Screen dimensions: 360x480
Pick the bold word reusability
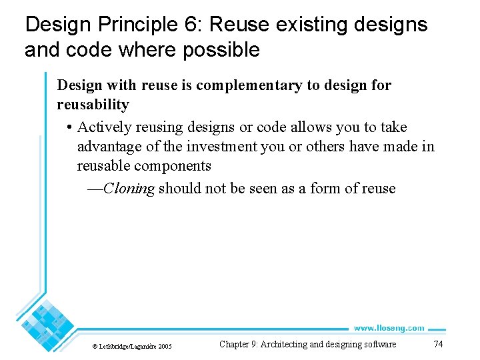pos(93,105)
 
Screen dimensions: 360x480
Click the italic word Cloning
pos(129,189)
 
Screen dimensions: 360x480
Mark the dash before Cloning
pos(95,189)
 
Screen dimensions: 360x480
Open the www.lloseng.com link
pos(389,328)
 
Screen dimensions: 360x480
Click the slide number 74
pos(438,345)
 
